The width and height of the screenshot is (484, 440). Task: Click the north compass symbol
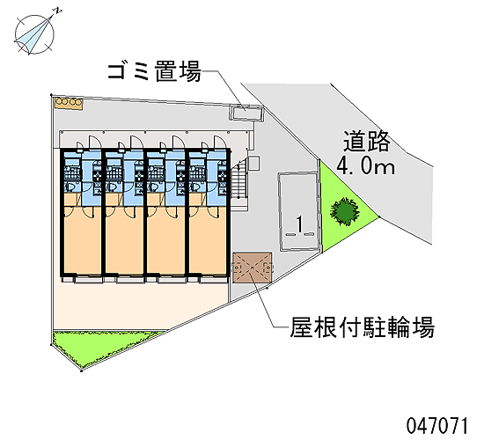[34, 34]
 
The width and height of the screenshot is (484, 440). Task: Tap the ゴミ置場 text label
[154, 71]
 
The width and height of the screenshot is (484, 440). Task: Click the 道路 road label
[366, 141]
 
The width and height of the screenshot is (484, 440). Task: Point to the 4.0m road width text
[365, 165]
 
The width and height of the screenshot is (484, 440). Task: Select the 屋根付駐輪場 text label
[363, 326]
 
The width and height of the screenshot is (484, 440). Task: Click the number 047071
[437, 426]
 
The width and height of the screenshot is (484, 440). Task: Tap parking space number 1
[299, 224]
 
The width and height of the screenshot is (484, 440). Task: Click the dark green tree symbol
[345, 211]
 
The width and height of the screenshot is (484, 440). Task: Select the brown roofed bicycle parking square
[253, 268]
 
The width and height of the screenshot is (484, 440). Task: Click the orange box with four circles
[69, 102]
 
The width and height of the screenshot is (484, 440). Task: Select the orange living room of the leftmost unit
[83, 239]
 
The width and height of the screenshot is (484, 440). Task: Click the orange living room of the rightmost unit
[208, 239]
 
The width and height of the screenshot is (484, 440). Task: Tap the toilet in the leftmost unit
[70, 187]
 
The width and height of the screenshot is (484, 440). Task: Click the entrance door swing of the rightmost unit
[220, 142]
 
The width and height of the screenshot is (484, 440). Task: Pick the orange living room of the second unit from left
[124, 239]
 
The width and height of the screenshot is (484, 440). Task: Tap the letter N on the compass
[59, 11]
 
